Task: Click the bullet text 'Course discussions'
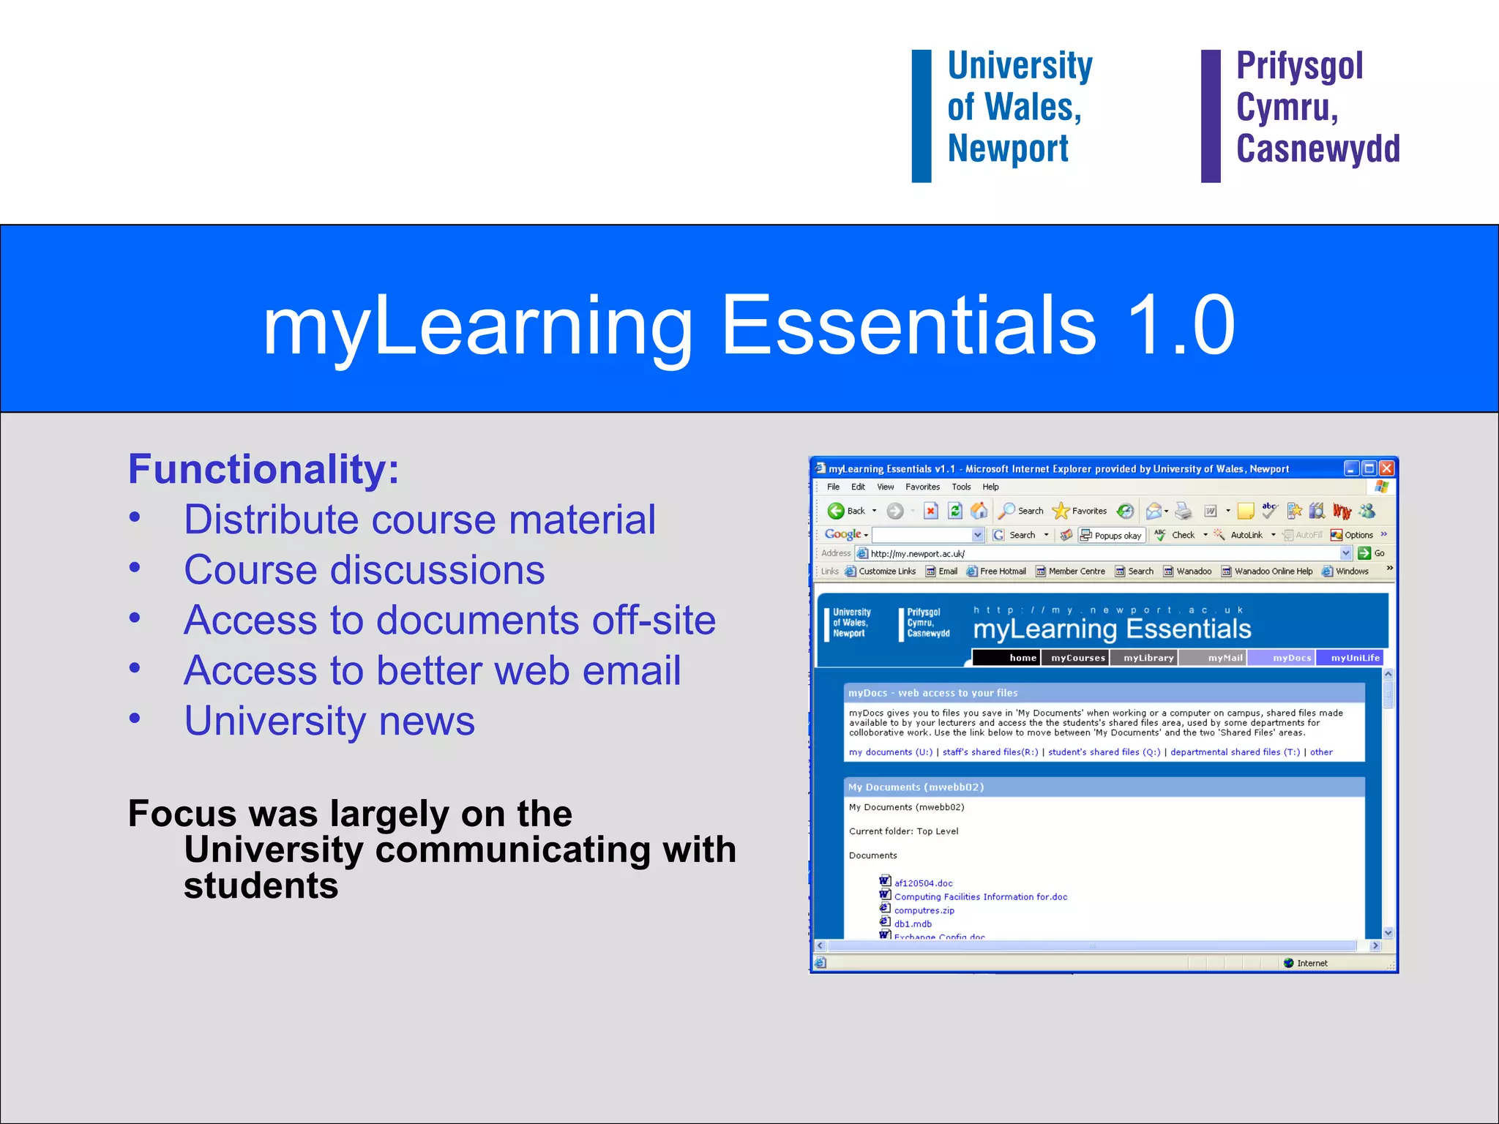[365, 570]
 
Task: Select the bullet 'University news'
[329, 721]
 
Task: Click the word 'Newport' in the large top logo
[1008, 149]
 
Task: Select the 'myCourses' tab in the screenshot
[1077, 658]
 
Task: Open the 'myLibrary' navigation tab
[1148, 658]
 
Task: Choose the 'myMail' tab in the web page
[1225, 658]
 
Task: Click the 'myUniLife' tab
[1354, 658]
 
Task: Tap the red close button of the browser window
[1386, 468]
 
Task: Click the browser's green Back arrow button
[836, 511]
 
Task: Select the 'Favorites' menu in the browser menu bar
[922, 487]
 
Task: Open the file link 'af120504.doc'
[923, 883]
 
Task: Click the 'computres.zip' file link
[924, 911]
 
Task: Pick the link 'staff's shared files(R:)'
[990, 752]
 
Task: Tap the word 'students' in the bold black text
[261, 886]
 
